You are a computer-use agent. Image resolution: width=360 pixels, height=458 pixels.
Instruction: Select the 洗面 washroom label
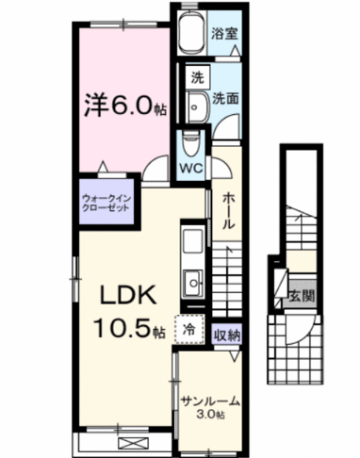click(x=225, y=97)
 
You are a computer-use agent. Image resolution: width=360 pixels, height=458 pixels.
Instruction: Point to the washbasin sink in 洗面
click(x=197, y=105)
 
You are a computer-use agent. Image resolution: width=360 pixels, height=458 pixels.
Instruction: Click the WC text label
click(x=193, y=171)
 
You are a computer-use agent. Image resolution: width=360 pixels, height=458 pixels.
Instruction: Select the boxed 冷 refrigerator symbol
click(x=189, y=330)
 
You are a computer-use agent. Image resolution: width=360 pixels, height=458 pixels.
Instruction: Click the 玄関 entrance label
click(x=302, y=294)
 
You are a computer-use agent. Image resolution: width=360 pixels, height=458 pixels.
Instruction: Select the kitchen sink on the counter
click(x=193, y=281)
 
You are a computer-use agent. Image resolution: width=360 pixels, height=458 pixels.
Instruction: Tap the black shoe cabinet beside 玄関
click(x=279, y=283)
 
